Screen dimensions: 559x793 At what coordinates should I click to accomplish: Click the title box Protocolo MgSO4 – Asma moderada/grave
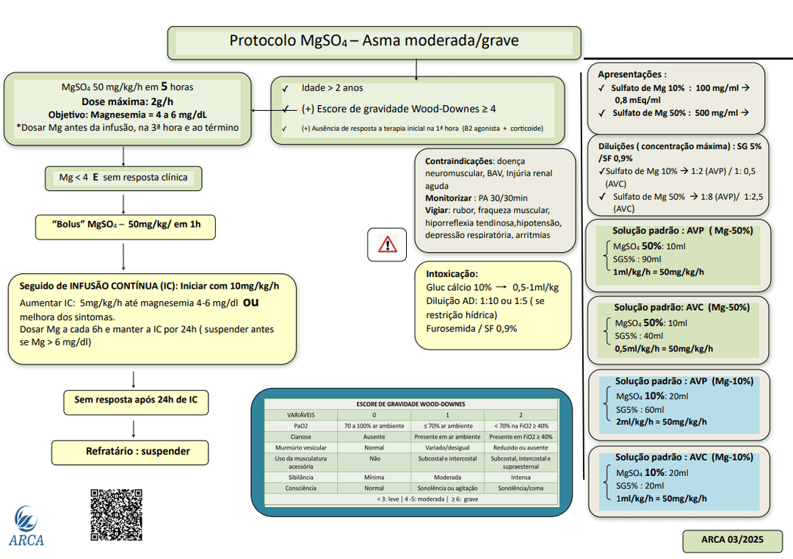374,42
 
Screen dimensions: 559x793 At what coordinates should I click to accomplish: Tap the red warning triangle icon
387,245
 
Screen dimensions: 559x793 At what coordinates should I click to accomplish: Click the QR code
116,515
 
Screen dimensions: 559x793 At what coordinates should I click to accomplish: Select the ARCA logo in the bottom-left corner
26,526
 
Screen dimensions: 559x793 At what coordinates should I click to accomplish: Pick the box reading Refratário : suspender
130,452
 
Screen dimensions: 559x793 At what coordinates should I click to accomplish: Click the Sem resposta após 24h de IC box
136,401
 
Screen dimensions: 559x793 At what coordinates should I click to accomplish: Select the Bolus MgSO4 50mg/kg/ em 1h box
125,225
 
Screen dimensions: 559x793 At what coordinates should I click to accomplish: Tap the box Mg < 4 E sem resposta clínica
123,178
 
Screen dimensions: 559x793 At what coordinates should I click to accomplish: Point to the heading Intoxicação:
452,273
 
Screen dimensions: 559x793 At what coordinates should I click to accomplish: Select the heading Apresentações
631,74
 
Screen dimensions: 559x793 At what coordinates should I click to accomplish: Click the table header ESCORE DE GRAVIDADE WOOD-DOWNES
410,404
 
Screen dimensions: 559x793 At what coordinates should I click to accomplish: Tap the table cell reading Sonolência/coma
520,488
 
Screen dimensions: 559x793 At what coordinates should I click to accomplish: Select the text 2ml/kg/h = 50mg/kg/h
660,422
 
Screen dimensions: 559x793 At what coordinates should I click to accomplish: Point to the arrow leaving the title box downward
416,68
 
